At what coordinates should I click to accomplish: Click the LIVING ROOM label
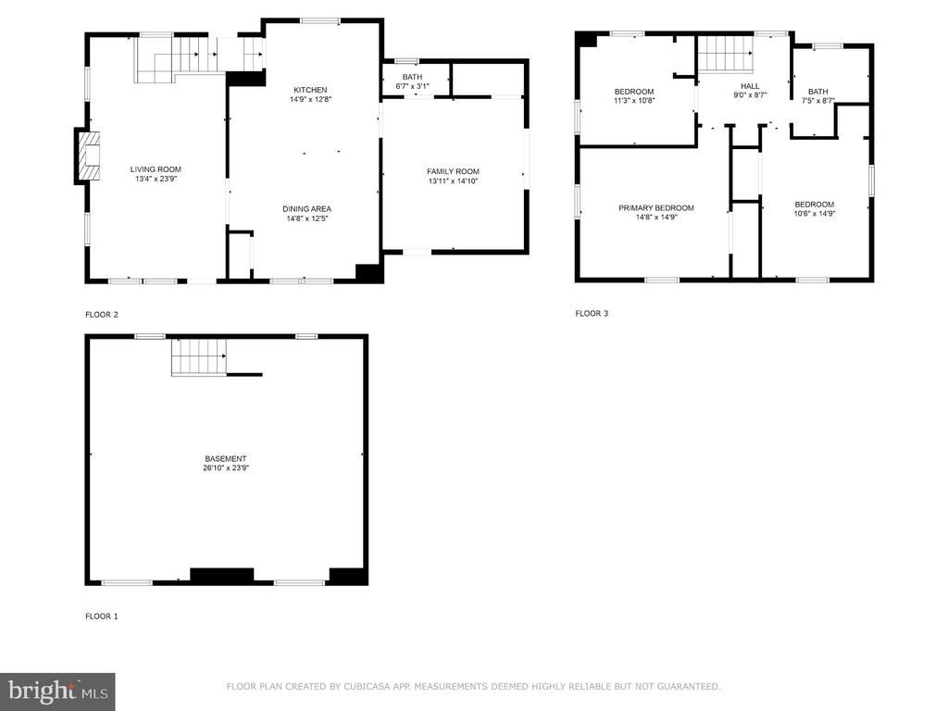click(156, 169)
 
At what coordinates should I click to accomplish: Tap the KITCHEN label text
click(310, 90)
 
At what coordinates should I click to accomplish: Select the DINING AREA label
click(306, 209)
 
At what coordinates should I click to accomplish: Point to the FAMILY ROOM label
click(453, 171)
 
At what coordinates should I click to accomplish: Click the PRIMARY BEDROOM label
click(656, 208)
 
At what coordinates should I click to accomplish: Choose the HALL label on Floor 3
click(750, 86)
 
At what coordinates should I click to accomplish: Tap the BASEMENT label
click(226, 459)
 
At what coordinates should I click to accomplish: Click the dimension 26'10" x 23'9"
click(226, 468)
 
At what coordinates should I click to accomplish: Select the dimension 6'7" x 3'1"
click(412, 86)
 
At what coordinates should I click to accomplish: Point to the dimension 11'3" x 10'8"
click(634, 101)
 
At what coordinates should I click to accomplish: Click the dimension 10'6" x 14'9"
click(815, 214)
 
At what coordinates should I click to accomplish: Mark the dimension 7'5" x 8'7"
click(818, 101)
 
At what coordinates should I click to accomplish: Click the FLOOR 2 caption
click(102, 315)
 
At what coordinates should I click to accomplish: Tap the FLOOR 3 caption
click(592, 313)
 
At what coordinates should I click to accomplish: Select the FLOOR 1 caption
click(102, 616)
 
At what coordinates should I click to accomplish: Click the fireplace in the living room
click(87, 156)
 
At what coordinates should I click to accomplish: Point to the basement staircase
click(199, 356)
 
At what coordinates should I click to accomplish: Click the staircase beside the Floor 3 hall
click(725, 54)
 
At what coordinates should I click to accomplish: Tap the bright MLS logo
click(57, 692)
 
